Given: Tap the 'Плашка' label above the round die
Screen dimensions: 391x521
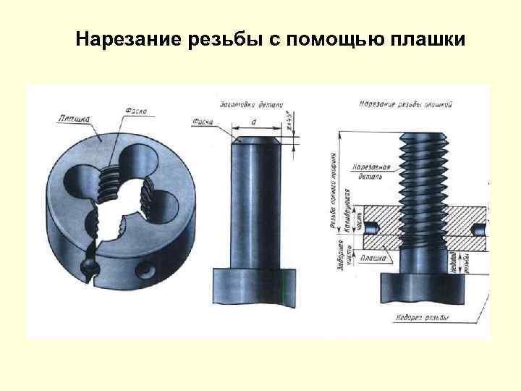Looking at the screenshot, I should [75, 117].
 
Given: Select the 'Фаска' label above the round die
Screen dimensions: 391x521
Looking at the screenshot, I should [135, 111].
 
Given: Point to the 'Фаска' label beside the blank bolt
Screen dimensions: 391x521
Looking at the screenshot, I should [203, 121].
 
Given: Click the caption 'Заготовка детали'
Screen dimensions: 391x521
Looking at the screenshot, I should [248, 104].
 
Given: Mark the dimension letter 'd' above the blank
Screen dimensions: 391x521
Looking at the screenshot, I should [253, 121].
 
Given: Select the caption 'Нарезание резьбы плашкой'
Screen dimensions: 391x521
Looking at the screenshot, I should [406, 104].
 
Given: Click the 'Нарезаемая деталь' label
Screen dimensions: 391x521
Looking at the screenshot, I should [372, 172].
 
